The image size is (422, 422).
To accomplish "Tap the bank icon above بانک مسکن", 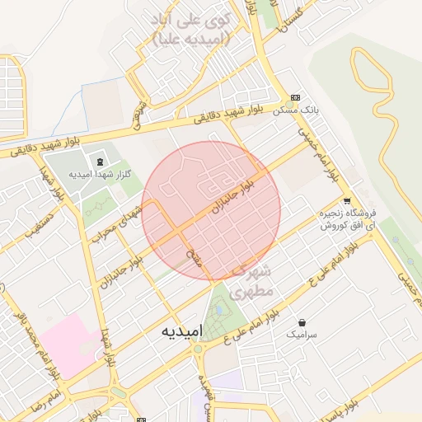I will point(296,96).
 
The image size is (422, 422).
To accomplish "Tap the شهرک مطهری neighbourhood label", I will point(252,280).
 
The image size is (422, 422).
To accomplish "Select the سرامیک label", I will point(302,335).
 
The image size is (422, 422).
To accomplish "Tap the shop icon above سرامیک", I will point(302,322).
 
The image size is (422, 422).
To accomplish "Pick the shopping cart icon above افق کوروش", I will point(346,200).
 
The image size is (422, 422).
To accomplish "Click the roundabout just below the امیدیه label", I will point(198,350).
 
